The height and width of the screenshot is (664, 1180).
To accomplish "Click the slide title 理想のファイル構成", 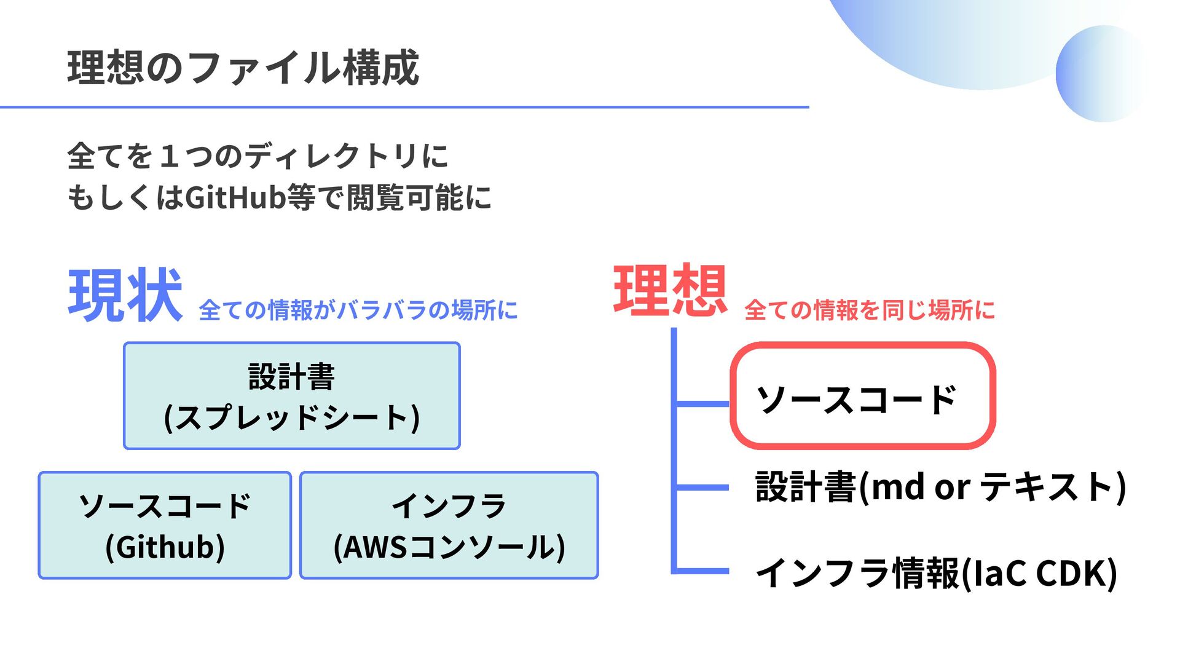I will pos(243,68).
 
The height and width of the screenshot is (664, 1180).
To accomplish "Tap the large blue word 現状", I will pos(125,296).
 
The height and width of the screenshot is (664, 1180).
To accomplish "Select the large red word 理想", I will pos(670,291).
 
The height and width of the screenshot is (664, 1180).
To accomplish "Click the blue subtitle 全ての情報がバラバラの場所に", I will pos(358,310).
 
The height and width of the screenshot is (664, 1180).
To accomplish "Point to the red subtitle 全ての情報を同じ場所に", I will pos(869,310).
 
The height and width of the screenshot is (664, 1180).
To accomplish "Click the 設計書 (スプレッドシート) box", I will pos(292,395).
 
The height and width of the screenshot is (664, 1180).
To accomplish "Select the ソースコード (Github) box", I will pos(165,525).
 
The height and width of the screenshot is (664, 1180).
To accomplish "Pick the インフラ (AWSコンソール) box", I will pos(449,525).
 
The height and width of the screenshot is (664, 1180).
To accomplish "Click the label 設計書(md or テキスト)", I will pos(940,487).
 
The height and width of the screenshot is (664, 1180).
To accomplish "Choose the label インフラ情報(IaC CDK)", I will pos(935,572).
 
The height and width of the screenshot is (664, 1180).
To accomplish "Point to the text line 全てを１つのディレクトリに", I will pos(258,156).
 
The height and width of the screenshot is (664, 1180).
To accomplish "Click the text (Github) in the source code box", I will pos(165,547).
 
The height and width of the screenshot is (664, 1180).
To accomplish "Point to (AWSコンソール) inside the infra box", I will pos(449,547).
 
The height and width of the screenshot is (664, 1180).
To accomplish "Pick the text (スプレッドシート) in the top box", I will pos(292,417).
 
